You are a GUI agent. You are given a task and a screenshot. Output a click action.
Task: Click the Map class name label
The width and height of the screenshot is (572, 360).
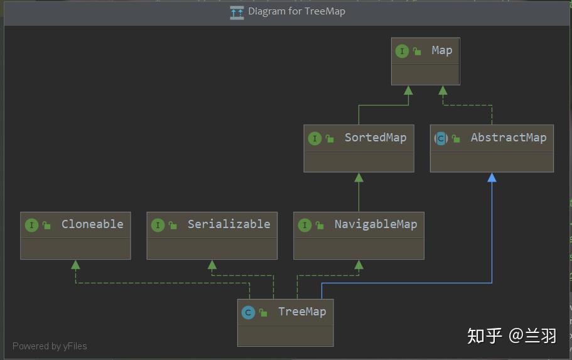coord(442,51)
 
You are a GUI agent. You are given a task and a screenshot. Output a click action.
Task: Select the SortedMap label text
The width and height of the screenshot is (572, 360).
coord(375,138)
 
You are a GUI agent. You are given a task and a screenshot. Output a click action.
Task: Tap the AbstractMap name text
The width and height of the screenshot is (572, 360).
coord(509,138)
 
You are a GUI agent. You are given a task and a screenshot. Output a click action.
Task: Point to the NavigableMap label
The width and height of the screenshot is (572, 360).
coord(375,224)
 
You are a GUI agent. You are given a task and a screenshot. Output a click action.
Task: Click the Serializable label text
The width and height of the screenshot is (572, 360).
coord(229,224)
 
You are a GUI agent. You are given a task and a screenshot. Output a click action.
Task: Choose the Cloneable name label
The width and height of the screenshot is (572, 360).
coord(92,224)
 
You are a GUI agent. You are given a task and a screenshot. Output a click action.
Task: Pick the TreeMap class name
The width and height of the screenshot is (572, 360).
coord(302,312)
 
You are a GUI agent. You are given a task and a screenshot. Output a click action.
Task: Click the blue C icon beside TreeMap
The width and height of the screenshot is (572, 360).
coord(248,312)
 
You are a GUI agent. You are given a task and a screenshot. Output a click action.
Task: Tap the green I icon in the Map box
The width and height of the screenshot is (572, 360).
coord(402,51)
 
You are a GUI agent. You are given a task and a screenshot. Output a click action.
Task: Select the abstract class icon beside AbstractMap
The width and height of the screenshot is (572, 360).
coord(441,138)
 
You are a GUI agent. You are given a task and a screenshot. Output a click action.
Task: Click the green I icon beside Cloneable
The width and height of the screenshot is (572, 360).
coord(32,226)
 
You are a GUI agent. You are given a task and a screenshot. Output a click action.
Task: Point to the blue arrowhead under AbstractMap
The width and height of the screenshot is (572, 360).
coord(492,177)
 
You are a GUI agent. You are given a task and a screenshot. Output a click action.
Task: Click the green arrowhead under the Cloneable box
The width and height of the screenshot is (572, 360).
coord(75,265)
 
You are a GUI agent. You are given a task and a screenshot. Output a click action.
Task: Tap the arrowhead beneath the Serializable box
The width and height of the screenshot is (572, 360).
coord(212,265)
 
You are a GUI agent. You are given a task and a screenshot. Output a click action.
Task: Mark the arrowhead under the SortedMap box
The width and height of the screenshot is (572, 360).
coord(359,177)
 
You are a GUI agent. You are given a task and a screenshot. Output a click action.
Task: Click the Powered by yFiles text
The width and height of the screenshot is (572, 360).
coord(50,346)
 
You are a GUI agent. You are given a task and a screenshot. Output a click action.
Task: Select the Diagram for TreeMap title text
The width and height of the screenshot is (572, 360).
coord(296,11)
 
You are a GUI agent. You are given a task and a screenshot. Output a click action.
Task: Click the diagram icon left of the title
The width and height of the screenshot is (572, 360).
coord(237,13)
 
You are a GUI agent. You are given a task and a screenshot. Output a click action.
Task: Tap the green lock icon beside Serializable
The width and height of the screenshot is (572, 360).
coord(173,226)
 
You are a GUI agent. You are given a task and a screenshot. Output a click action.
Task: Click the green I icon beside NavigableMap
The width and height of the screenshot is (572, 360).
coord(305,226)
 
